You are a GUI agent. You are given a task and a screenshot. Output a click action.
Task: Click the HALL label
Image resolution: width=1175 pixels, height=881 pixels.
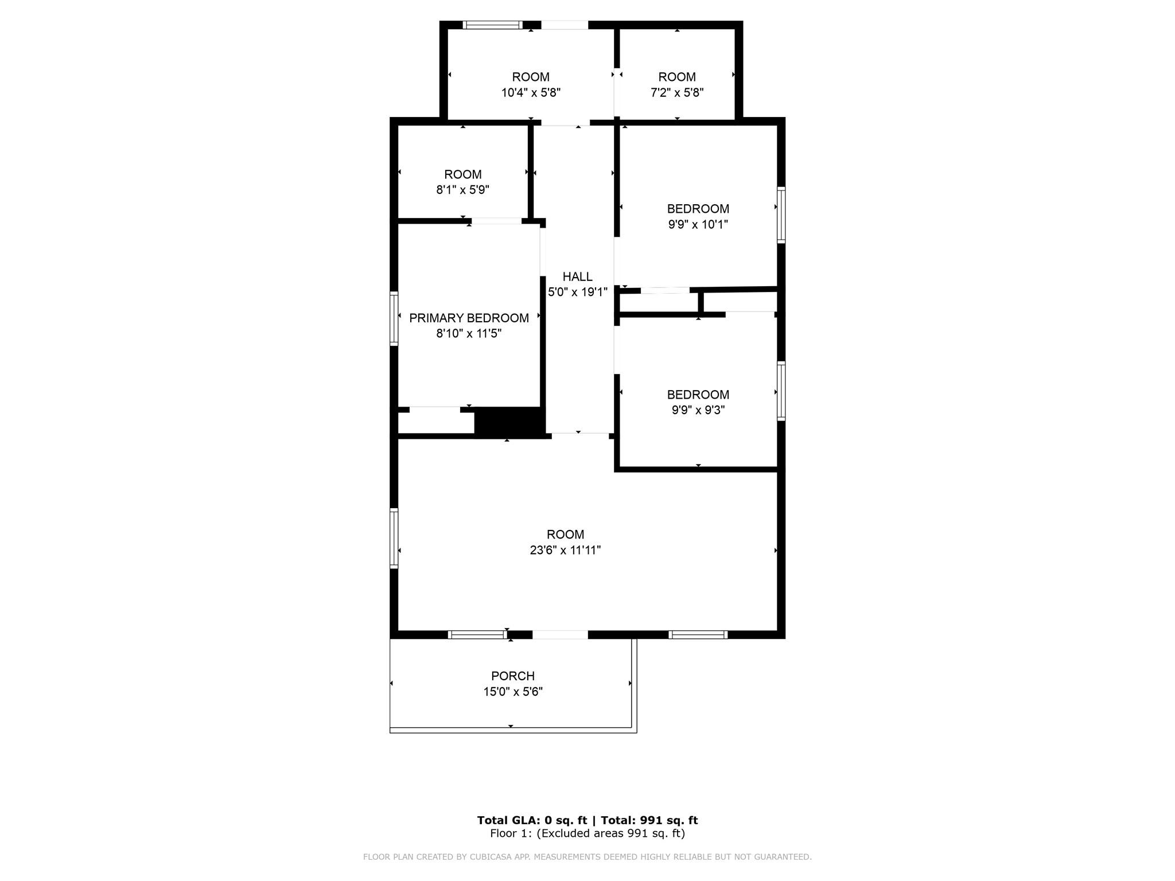click(x=577, y=276)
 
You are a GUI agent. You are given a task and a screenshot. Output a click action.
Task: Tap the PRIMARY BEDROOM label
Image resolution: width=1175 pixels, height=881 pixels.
click(x=469, y=318)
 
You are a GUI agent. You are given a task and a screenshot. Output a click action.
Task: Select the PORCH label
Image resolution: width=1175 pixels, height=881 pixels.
click(x=513, y=676)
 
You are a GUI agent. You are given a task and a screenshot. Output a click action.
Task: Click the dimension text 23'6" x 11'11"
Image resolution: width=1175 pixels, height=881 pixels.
click(x=565, y=550)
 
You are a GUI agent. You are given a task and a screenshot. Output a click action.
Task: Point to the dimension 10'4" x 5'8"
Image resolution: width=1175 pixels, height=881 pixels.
click(x=531, y=92)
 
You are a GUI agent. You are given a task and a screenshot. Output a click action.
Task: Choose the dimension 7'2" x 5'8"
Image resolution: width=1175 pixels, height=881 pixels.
click(x=677, y=92)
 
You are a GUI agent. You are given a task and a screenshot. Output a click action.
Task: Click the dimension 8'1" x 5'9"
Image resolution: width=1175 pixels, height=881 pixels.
click(x=462, y=190)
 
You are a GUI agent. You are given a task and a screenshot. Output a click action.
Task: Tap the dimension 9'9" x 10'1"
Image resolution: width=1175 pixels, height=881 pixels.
click(x=698, y=224)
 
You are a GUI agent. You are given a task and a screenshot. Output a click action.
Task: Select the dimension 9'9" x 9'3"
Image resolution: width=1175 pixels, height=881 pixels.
click(x=698, y=410)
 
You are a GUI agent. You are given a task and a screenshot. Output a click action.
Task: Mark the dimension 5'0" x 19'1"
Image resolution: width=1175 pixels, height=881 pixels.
click(x=577, y=292)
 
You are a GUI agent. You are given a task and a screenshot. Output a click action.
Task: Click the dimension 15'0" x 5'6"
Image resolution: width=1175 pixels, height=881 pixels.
click(x=513, y=692)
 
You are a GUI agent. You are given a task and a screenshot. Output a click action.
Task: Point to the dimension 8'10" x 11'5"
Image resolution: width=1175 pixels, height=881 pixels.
click(x=469, y=333)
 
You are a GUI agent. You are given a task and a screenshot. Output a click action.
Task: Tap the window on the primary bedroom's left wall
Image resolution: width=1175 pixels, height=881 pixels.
click(x=394, y=318)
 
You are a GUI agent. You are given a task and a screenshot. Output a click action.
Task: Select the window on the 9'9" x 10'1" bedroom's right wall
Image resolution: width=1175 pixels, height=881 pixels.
click(x=781, y=215)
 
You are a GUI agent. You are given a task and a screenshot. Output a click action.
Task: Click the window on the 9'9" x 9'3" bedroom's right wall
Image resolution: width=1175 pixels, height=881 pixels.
click(x=781, y=391)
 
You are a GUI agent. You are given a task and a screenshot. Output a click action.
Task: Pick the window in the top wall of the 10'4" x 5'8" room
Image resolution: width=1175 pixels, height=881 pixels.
click(x=493, y=25)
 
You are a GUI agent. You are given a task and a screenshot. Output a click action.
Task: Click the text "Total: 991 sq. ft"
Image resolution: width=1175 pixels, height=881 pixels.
click(x=649, y=820)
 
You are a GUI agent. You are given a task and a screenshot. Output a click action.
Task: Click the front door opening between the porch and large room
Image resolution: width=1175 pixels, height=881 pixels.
click(x=560, y=634)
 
